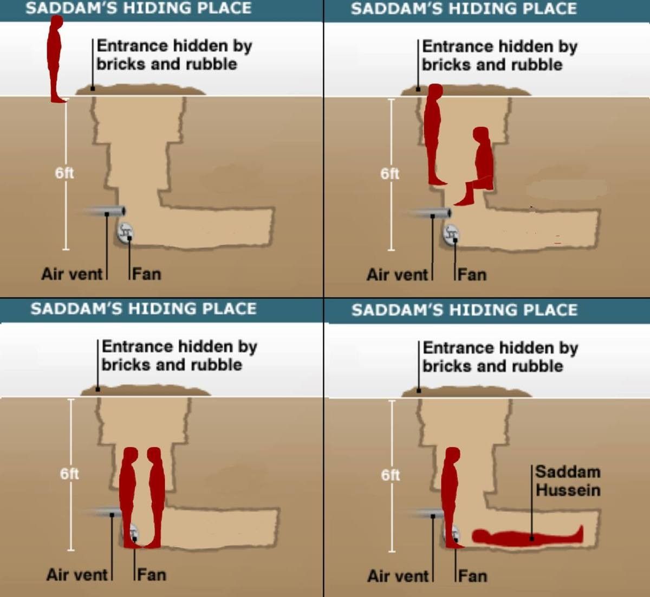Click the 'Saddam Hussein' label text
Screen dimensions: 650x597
click(x=568, y=481)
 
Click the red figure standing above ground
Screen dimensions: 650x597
click(x=55, y=58)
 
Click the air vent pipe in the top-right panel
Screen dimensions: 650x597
click(x=428, y=213)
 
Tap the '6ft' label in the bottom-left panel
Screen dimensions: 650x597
click(x=69, y=474)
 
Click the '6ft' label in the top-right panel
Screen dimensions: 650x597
click(x=389, y=174)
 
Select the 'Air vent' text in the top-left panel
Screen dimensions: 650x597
click(x=71, y=274)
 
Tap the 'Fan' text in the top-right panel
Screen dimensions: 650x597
click(x=472, y=275)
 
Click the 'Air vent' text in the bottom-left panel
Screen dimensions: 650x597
click(x=77, y=575)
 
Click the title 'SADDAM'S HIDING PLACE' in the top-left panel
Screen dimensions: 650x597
click(x=138, y=8)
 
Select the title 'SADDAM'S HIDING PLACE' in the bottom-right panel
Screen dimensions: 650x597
click(x=464, y=310)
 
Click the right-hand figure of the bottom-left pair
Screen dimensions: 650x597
click(x=155, y=497)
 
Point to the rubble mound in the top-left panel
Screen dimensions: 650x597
click(x=140, y=90)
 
